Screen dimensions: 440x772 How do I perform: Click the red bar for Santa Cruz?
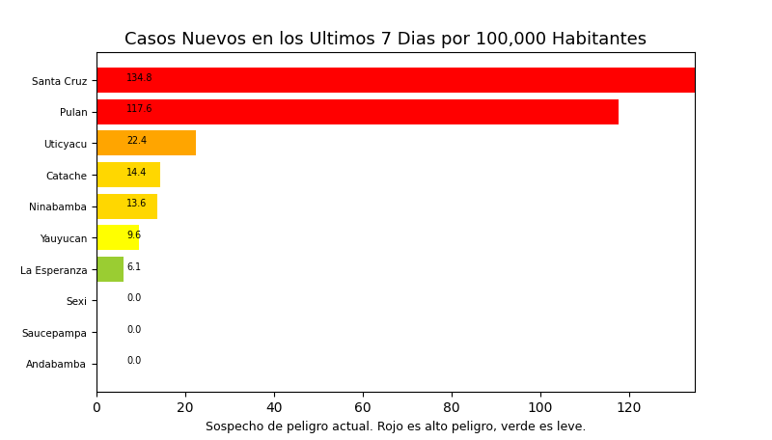click(396, 80)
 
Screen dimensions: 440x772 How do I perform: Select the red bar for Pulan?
click(357, 112)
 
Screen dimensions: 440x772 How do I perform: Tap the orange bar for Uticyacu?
click(146, 143)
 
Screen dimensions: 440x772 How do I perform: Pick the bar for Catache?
click(128, 175)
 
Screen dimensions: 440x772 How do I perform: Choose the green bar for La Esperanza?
click(110, 269)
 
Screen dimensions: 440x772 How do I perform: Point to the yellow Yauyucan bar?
click(118, 237)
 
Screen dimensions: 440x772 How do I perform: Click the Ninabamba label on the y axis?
click(58, 207)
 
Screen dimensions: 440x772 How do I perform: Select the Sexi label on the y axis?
click(76, 302)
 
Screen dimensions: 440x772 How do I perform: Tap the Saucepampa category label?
click(54, 333)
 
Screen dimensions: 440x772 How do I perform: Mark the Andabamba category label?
click(56, 365)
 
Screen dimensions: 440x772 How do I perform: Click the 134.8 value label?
click(139, 78)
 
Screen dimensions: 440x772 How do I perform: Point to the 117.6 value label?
click(139, 109)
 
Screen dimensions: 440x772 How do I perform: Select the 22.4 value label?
click(137, 141)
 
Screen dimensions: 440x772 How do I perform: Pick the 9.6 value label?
click(134, 235)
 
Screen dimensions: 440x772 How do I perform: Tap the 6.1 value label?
click(134, 267)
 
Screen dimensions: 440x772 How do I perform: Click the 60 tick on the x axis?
click(363, 408)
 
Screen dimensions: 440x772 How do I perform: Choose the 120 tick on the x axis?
click(629, 408)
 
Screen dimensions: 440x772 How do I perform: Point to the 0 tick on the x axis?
click(96, 408)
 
